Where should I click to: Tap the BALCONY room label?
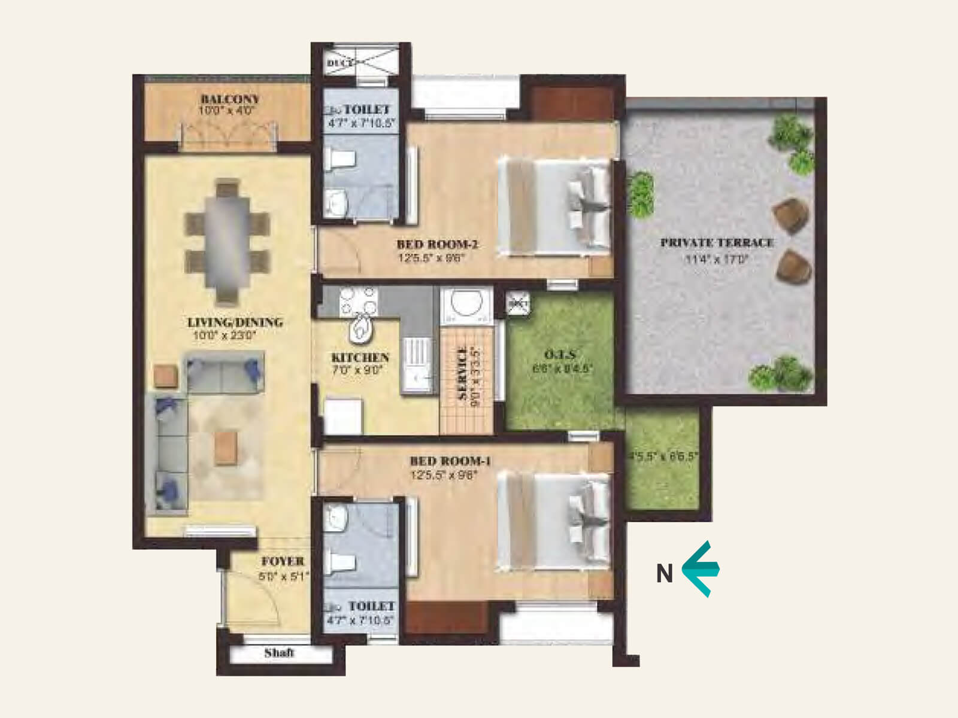[x=230, y=99]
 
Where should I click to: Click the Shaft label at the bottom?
[x=279, y=653]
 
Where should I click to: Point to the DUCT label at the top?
[x=339, y=63]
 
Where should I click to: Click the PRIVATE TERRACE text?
[x=717, y=242]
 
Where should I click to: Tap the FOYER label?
[x=283, y=561]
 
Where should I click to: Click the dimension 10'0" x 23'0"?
[x=225, y=336]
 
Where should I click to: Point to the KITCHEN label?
[x=360, y=357]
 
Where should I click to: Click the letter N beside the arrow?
[x=665, y=574]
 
